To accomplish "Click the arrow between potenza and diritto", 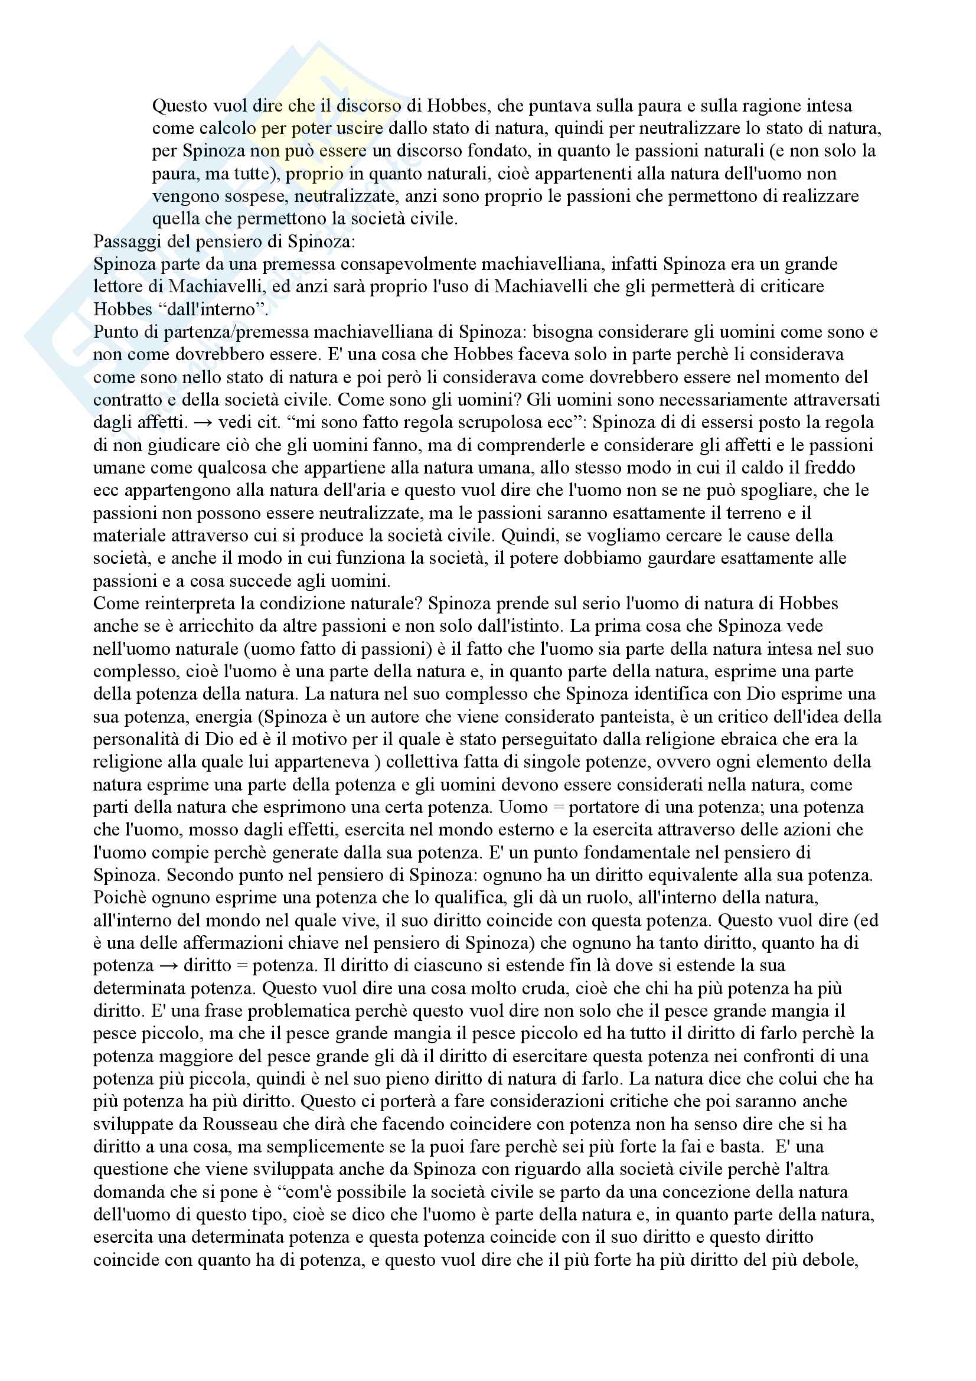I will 169,966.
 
